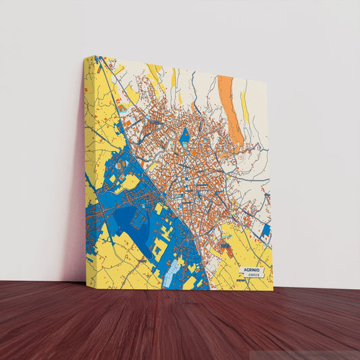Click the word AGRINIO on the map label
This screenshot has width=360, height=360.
(x=251, y=270)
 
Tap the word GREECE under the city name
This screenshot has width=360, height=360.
(x=253, y=276)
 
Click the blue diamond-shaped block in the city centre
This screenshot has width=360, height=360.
(x=184, y=136)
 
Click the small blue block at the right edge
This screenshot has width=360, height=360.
(x=265, y=231)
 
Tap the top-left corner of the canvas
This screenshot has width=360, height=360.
(x=85, y=57)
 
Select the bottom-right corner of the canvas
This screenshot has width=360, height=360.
(x=273, y=290)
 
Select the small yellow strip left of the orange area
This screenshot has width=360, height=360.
(x=174, y=78)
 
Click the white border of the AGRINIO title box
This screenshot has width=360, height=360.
(x=239, y=273)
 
